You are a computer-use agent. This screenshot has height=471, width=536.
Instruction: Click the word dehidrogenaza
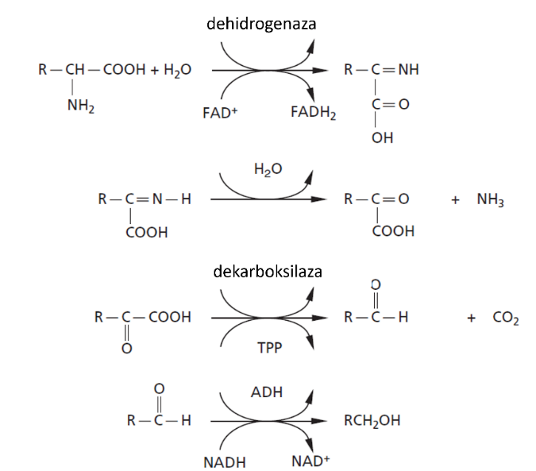point(261,24)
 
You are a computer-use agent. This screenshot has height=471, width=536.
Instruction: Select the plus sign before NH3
point(455,201)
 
